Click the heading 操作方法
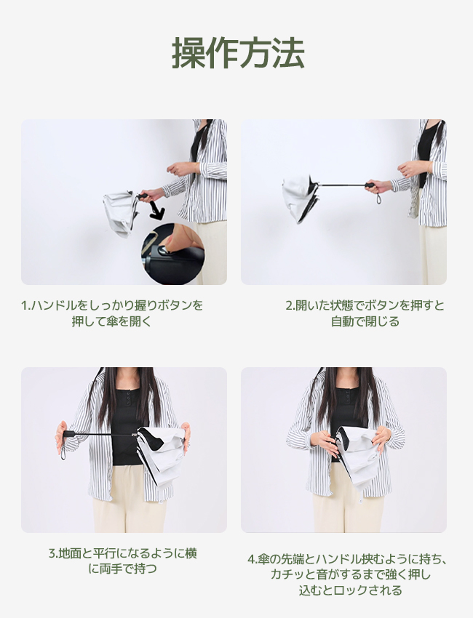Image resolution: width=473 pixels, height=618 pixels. coord(238,53)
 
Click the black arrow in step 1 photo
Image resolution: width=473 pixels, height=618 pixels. coord(156,210)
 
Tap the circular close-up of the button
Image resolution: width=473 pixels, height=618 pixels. coord(172,254)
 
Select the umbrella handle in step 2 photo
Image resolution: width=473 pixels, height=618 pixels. coord(370,185)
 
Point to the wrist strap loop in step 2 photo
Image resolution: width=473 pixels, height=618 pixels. coord(378,198)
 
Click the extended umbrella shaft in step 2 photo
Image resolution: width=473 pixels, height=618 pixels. coord(341,185)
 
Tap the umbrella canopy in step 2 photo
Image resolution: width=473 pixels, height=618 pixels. coord(301,198)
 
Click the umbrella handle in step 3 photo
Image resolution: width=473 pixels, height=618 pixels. coord(69,433)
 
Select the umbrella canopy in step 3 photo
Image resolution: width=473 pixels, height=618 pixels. coord(160,455)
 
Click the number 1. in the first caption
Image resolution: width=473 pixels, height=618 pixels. coord(25,305)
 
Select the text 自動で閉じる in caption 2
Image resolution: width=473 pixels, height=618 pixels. coord(365,321)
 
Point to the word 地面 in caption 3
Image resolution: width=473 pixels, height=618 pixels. coord(70,553)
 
